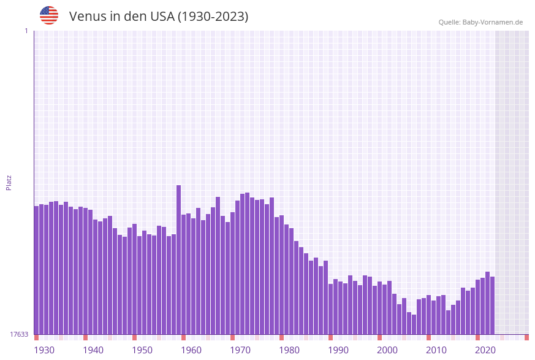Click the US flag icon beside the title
click(49, 15)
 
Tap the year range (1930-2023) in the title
click(213, 17)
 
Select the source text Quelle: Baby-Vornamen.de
click(480, 22)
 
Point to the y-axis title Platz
click(9, 182)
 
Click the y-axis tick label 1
click(26, 31)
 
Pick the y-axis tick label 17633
click(19, 334)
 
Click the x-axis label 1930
click(44, 350)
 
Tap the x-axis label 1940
click(93, 350)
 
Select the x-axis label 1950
click(142, 350)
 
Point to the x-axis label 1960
click(191, 350)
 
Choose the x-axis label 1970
click(240, 350)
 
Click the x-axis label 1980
click(289, 350)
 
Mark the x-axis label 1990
click(338, 350)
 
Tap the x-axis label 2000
click(387, 350)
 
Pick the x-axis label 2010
click(436, 350)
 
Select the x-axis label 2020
click(485, 350)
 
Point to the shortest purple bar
click(414, 324)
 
